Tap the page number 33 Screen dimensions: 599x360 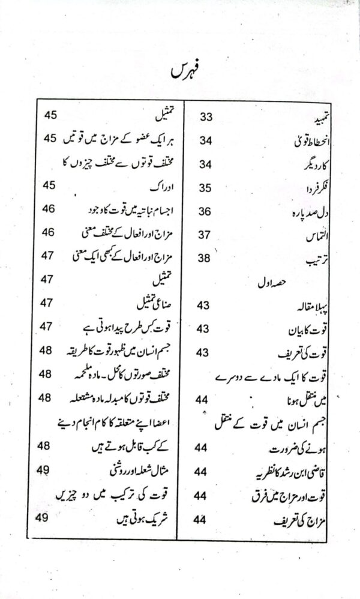tap(206, 116)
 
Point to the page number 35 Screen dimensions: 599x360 tap(206, 188)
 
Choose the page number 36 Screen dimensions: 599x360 tap(206, 212)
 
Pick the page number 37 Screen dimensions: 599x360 tap(206, 235)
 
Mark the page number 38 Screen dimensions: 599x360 tap(206, 258)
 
